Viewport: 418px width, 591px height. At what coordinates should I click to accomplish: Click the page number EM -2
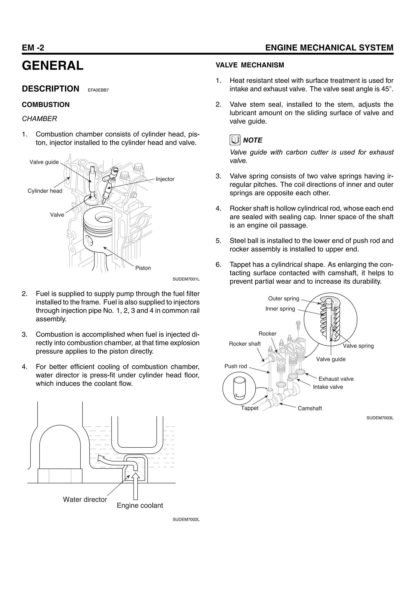coord(33,48)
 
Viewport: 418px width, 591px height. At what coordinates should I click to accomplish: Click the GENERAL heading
coord(53,66)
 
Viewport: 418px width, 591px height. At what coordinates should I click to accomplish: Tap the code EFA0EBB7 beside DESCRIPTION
coord(98,90)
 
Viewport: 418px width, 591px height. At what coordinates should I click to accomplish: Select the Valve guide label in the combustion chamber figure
coord(44,162)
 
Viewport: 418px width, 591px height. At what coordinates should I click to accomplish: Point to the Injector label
coord(165,179)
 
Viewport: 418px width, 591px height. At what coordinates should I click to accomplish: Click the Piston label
coord(143,268)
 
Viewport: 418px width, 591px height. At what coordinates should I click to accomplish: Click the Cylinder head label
coord(45,191)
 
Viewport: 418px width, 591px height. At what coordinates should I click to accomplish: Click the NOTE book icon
coord(235,140)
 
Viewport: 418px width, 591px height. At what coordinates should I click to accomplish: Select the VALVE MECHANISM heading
coord(250,65)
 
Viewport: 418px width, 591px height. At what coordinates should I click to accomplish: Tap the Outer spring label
coord(283,299)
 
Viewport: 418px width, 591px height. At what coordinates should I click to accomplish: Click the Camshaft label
coord(310,408)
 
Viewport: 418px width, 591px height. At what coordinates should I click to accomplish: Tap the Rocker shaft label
coord(245,344)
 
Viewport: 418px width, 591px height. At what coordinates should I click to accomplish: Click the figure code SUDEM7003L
coord(380,418)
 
